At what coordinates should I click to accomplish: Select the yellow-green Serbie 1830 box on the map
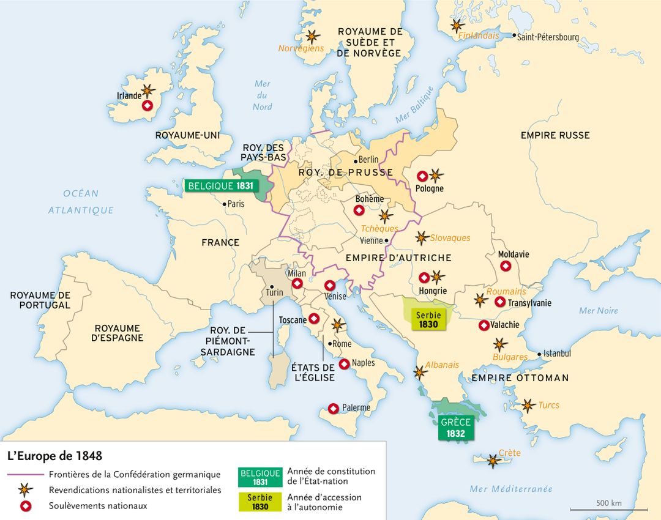[x=428, y=320]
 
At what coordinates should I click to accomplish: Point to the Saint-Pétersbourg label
[x=548, y=37]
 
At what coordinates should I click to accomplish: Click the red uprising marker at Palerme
[x=334, y=408]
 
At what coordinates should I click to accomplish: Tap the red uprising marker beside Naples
[x=344, y=363]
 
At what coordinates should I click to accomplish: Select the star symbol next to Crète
[x=493, y=461]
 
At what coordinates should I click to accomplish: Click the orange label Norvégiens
[x=301, y=48]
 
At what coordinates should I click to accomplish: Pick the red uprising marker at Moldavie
[x=506, y=266]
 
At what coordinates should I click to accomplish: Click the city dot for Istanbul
[x=539, y=354]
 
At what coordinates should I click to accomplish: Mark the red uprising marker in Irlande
[x=147, y=106]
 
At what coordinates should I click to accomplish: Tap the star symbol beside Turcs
[x=528, y=405]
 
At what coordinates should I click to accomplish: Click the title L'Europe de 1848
[x=54, y=456]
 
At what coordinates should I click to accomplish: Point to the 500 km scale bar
[x=609, y=509]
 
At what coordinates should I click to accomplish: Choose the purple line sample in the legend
[x=26, y=475]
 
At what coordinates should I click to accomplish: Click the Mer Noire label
[x=598, y=311]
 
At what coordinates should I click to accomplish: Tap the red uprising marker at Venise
[x=329, y=285]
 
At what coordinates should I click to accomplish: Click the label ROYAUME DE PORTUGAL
[x=40, y=300]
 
